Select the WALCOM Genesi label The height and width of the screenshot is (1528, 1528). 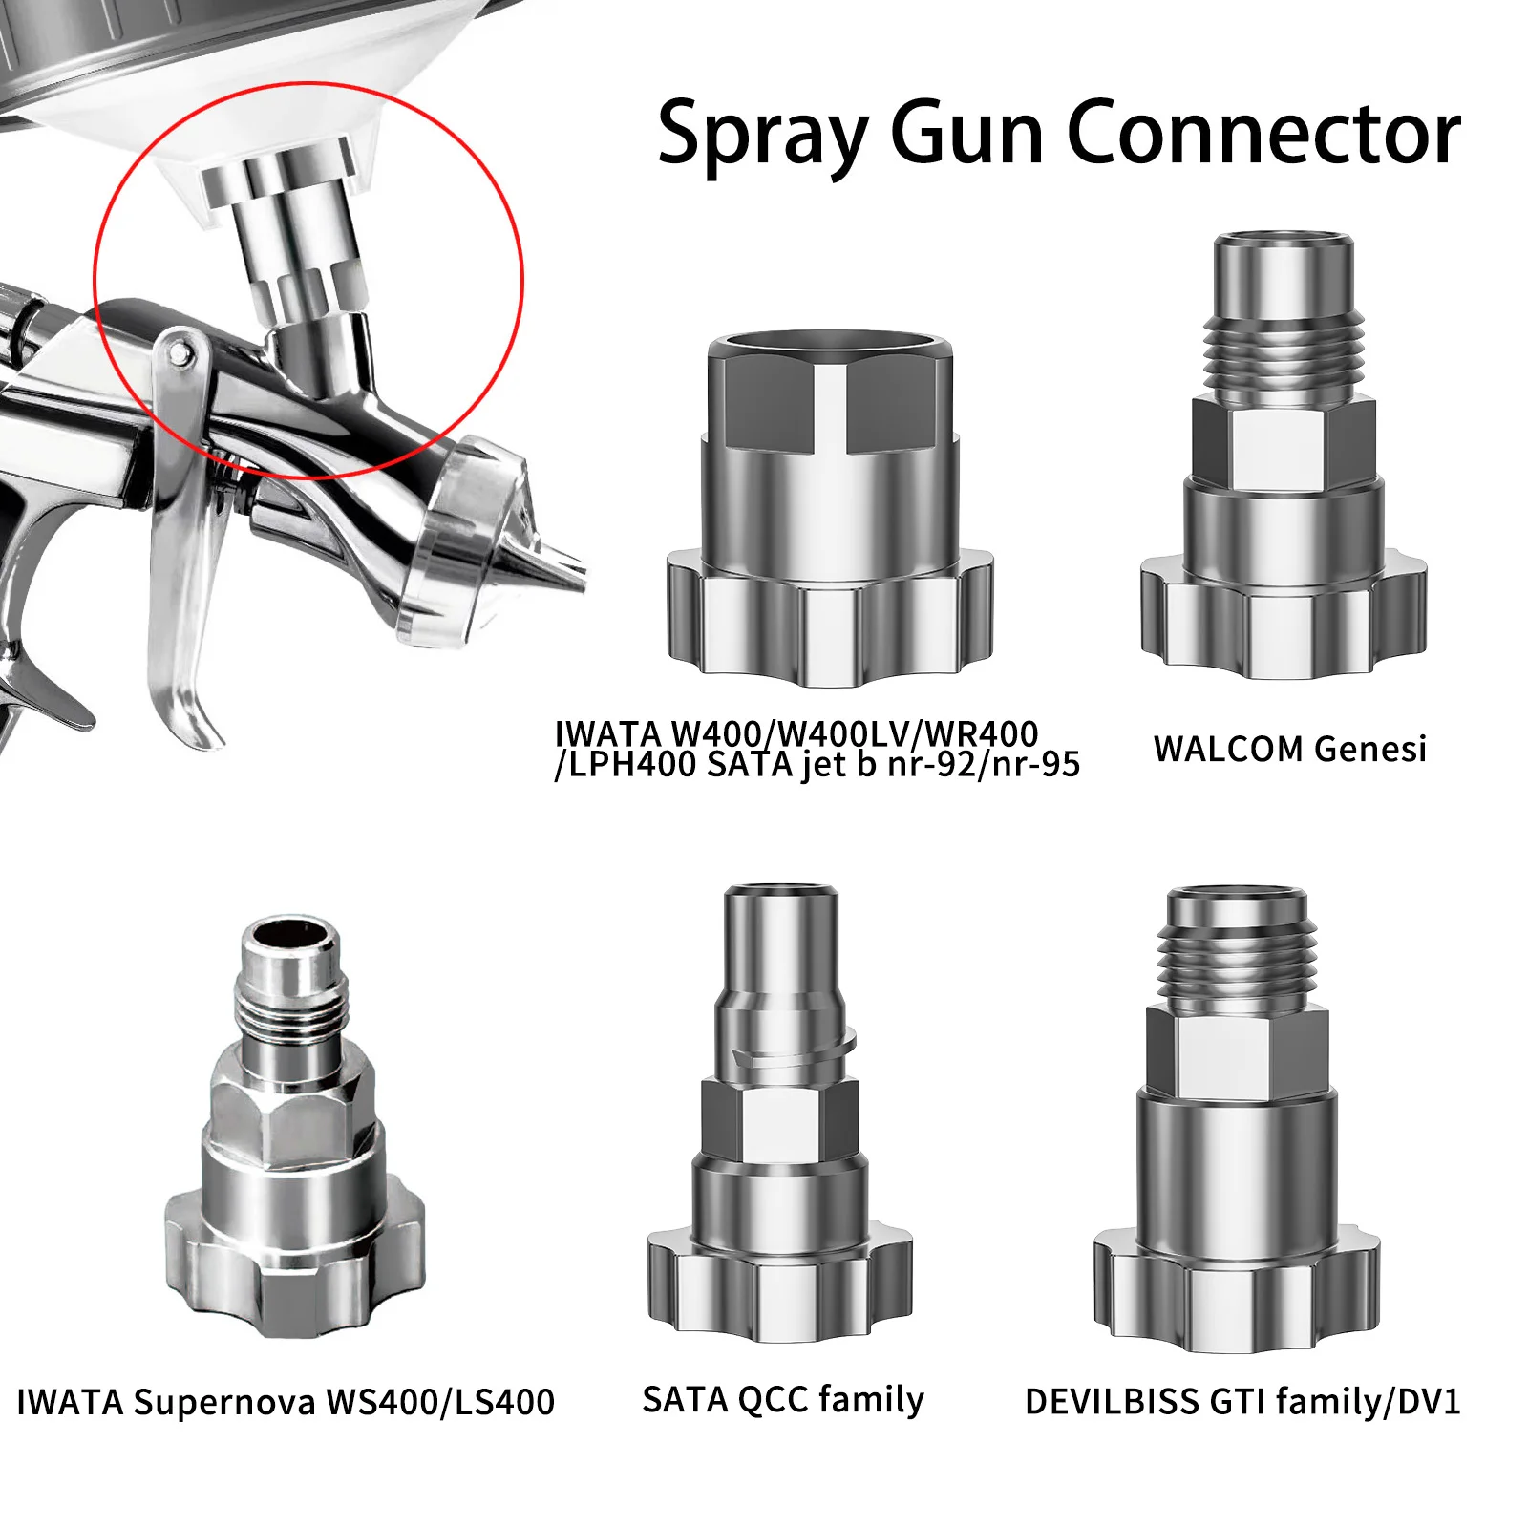pyautogui.click(x=1289, y=750)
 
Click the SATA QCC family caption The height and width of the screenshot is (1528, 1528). pyautogui.click(x=783, y=1400)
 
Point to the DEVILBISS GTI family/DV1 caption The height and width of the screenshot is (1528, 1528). pyautogui.click(x=1242, y=1402)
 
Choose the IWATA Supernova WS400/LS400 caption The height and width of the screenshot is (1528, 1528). pyautogui.click(x=286, y=1402)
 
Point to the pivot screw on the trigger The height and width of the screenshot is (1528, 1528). pyautogui.click(x=180, y=355)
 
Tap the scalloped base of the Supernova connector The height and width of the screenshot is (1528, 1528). pyautogui.click(x=294, y=1261)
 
